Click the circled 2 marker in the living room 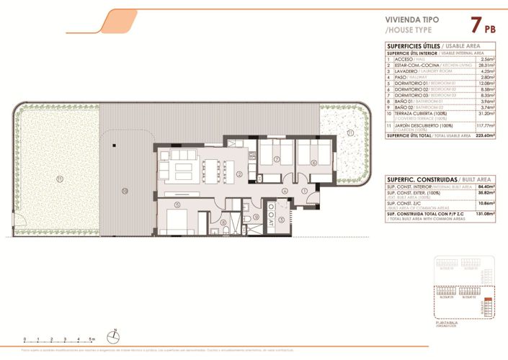[x=239, y=174]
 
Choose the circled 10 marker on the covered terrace [x=125, y=191]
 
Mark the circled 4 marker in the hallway [x=285, y=191]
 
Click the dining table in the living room [x=213, y=167]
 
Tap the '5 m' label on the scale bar [x=92, y=338]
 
